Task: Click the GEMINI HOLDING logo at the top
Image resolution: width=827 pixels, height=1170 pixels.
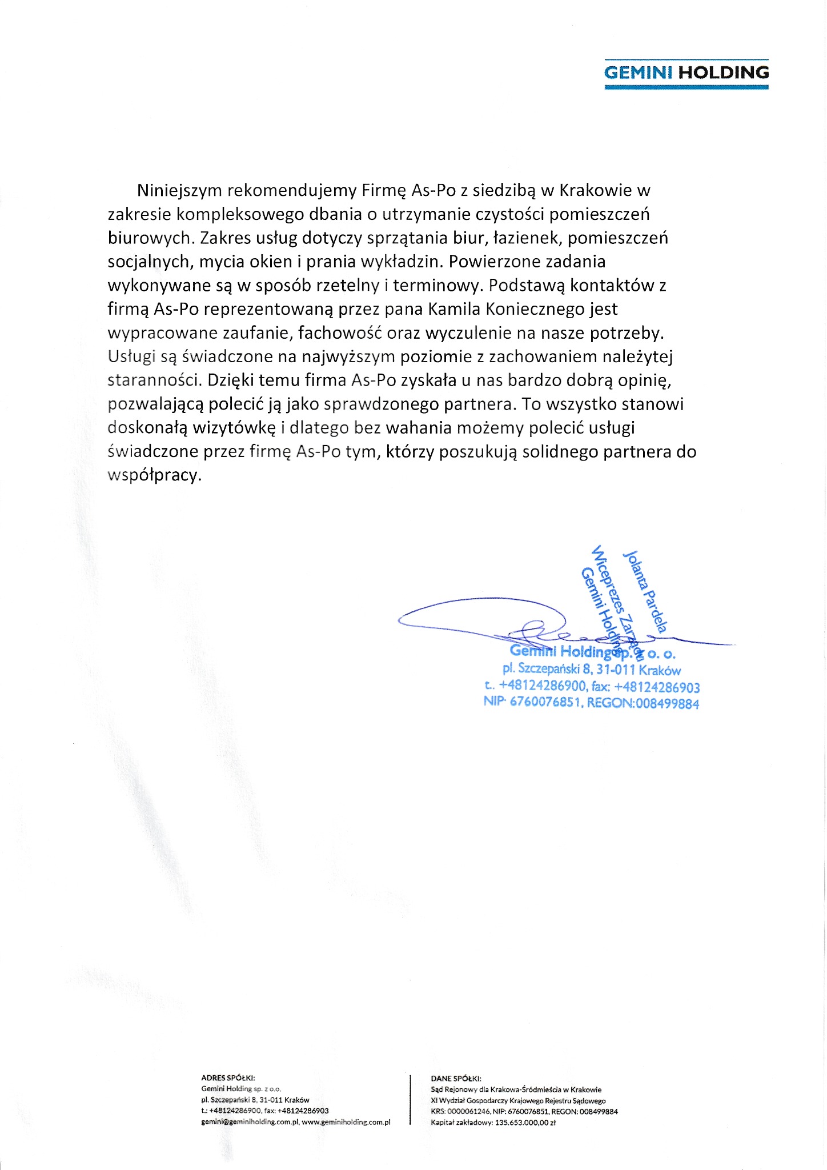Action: pos(686,73)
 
